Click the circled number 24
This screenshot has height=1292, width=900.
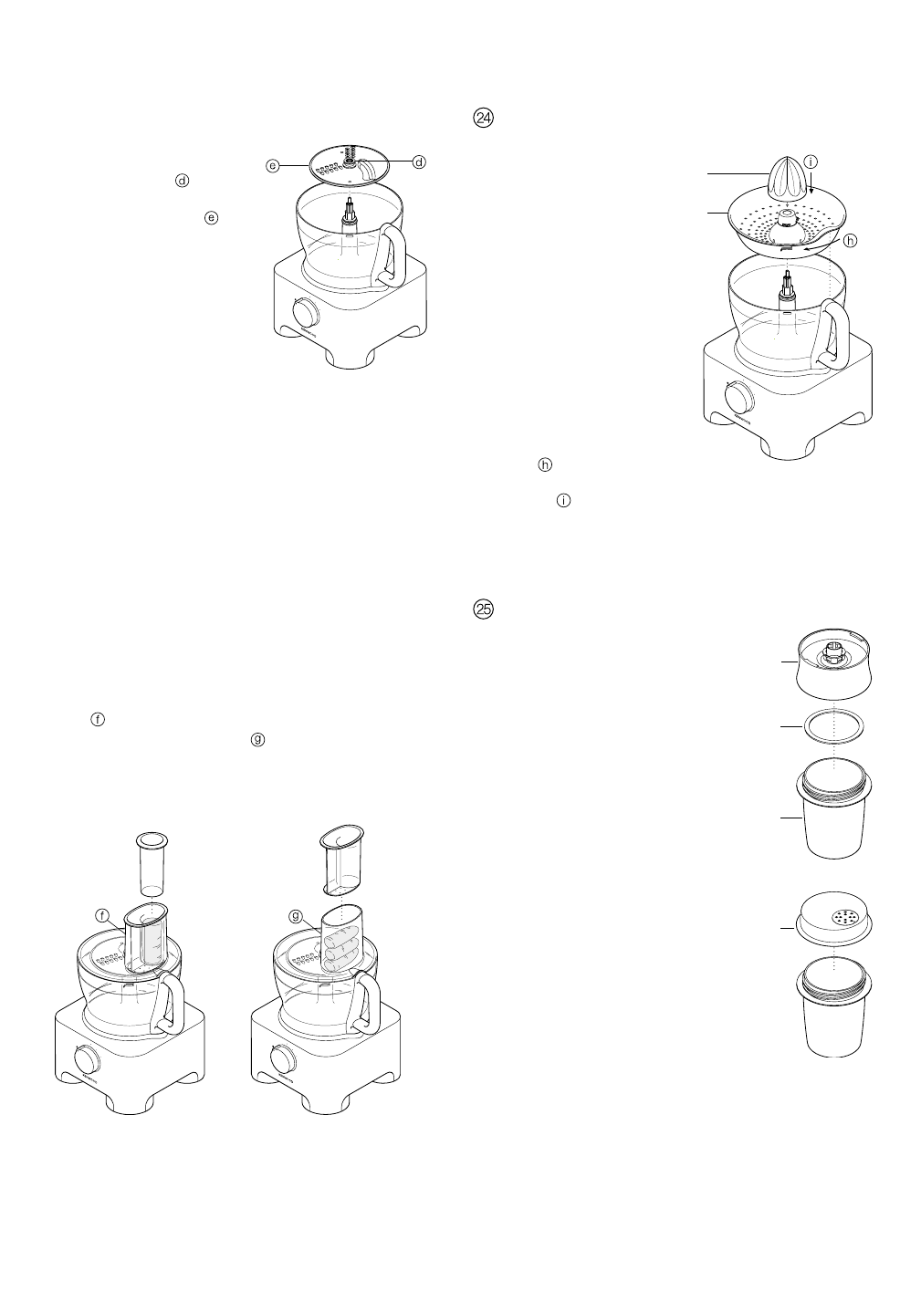pos(483,119)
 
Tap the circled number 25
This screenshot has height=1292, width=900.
pos(483,608)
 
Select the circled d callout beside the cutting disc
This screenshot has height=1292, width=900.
pos(419,162)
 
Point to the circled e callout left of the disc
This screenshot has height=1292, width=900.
pos(272,165)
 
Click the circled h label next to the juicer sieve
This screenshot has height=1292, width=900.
pos(851,241)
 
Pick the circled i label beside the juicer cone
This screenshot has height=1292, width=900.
pos(811,161)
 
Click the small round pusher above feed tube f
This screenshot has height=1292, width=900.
pos(151,861)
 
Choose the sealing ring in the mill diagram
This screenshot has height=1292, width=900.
pos(833,727)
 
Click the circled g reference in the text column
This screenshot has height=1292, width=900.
pos(257,740)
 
